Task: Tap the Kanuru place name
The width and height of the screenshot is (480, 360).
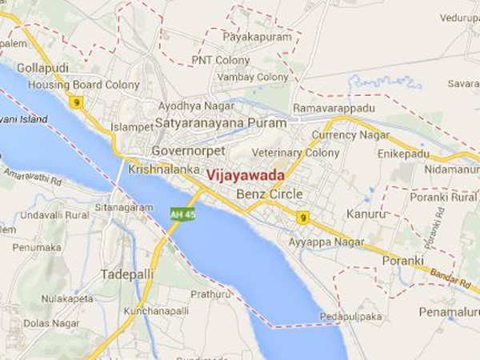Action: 366,214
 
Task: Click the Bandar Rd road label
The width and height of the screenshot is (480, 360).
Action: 453,277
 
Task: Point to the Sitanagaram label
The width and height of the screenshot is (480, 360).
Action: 125,207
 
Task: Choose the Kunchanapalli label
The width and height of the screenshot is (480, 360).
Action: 158,310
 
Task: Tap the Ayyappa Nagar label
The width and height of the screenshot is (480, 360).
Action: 326,241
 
